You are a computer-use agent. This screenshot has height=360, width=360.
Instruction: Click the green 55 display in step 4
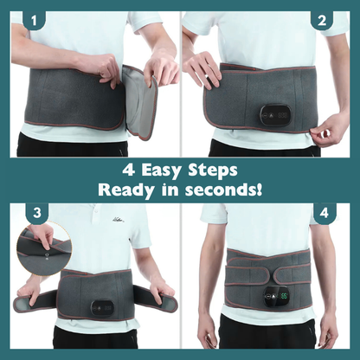285,296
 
